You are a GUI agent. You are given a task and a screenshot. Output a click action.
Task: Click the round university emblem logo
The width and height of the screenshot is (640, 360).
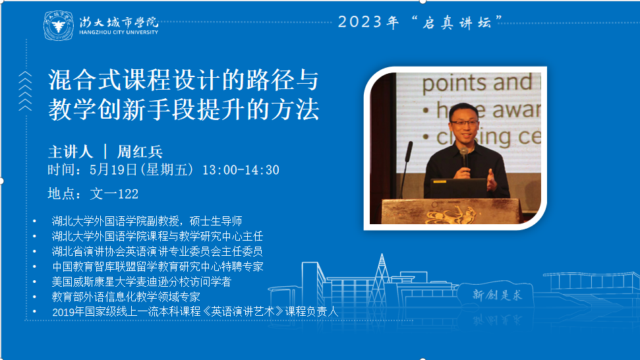pos(59,26)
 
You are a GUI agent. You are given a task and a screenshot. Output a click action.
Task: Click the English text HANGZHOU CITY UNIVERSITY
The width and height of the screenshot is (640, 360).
pos(119,32)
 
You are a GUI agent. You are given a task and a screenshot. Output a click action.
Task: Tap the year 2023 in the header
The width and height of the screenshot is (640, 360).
pos(360,22)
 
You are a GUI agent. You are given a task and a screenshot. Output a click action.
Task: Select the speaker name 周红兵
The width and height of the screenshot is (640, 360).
pos(140,152)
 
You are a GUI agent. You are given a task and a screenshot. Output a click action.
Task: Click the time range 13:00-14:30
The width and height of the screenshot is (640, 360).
pos(241,170)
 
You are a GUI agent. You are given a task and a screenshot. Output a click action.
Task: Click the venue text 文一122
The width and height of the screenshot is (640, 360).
pos(114,193)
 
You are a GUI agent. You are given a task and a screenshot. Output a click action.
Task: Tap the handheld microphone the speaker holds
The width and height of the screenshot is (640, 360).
pos(464,157)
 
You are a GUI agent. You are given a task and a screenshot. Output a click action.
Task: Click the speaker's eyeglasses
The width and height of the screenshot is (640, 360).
pos(464,123)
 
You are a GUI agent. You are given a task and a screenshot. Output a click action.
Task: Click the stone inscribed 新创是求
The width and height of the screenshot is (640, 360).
pos(496,294)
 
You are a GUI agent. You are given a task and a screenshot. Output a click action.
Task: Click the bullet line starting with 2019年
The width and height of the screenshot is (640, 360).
pos(195,312)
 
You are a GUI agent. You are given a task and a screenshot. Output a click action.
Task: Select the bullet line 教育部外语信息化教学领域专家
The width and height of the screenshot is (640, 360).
pos(126,297)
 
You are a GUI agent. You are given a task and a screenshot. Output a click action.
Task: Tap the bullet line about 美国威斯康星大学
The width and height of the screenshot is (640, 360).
pos(141,282)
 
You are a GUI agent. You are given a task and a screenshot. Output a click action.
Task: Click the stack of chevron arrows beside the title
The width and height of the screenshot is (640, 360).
pos(25,91)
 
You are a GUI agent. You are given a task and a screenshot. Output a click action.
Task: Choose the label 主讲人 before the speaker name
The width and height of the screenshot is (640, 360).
pos(71,152)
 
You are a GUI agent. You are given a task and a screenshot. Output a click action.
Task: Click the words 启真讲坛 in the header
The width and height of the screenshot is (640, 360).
pos(456,22)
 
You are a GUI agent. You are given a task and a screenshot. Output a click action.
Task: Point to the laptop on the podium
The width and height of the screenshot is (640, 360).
pos(459,188)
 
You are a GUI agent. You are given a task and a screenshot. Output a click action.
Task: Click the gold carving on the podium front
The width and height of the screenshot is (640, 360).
pos(450,215)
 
